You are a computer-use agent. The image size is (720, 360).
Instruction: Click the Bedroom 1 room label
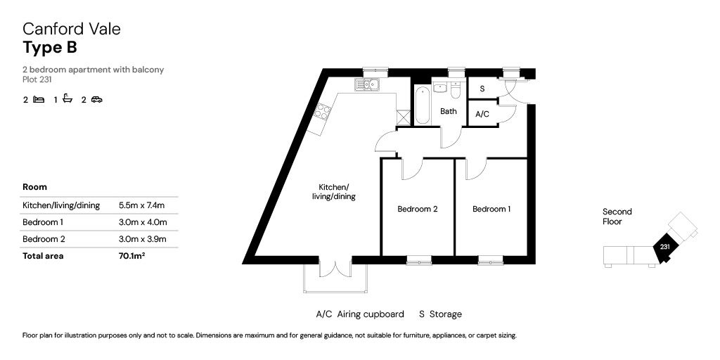pos(491,209)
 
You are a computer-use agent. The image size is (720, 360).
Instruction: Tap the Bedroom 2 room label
pos(417,209)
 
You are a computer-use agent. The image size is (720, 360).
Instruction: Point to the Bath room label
pos(448,111)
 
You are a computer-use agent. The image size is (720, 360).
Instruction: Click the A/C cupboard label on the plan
pos(482,115)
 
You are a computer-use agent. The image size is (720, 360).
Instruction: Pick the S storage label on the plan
pos(482,89)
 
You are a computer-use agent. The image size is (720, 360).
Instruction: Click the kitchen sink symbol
pos(366,85)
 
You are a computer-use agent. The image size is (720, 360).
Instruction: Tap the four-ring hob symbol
pos(323,112)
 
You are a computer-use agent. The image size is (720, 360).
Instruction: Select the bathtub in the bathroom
pos(423,105)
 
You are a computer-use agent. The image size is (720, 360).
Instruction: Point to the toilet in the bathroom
pos(456,90)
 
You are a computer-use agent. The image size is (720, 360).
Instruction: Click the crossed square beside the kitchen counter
pos(403,117)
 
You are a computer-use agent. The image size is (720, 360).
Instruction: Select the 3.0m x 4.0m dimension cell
pos(142,222)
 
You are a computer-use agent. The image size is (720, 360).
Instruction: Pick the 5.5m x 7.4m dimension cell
pos(141,205)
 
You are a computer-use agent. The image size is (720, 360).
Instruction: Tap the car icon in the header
pos(96,99)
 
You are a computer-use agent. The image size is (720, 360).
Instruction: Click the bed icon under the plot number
pos(39,99)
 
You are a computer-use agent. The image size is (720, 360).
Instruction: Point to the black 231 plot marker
pos(664,247)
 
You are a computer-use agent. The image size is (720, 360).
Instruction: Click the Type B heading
pos(50,47)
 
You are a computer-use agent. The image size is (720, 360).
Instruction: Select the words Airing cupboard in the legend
pos(371,314)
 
